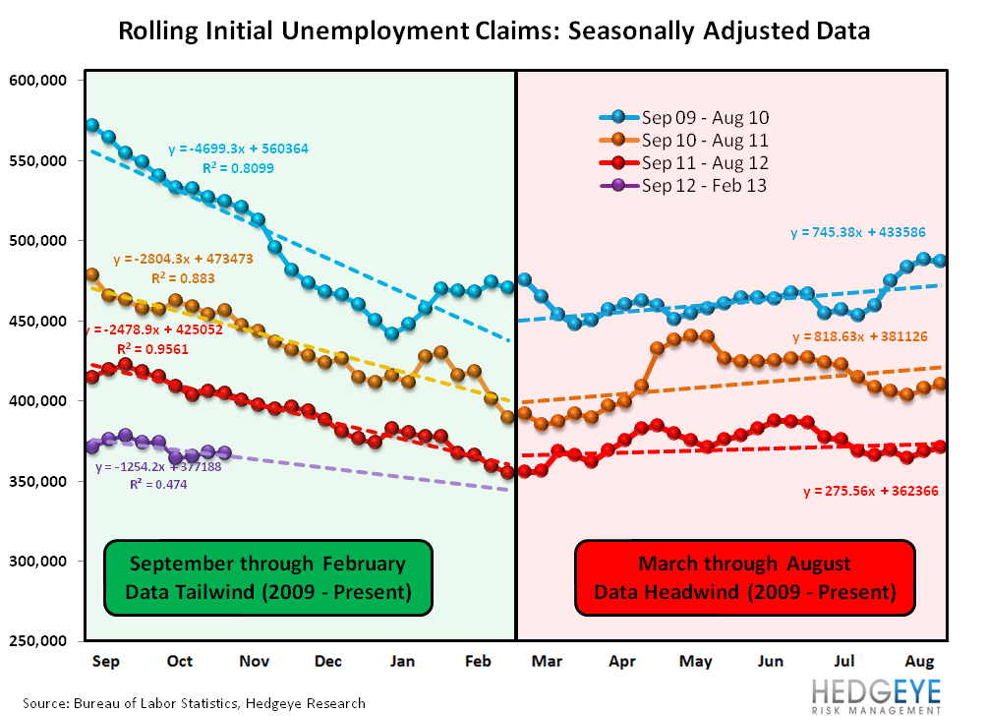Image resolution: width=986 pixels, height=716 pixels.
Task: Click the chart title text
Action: pyautogui.click(x=493, y=30)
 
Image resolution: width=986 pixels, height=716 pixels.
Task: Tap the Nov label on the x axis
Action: pyautogui.click(x=255, y=662)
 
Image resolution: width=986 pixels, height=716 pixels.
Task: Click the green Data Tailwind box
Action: pyautogui.click(x=267, y=578)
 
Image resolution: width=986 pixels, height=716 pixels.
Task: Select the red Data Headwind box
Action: pyautogui.click(x=744, y=578)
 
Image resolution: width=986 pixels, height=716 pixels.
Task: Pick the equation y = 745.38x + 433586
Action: pyautogui.click(x=859, y=233)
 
